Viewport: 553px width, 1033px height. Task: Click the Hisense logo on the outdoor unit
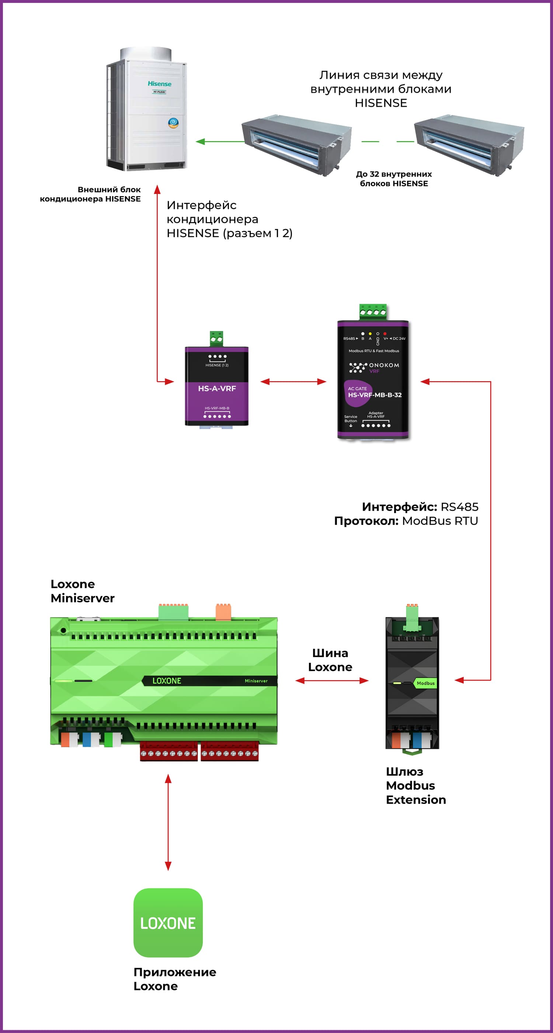click(x=159, y=84)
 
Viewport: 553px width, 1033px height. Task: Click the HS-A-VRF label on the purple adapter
click(x=217, y=388)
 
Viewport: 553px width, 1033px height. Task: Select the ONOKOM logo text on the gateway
click(x=384, y=365)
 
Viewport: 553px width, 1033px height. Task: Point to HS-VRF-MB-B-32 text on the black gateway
click(x=375, y=395)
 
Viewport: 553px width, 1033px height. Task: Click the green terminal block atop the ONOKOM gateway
click(x=373, y=312)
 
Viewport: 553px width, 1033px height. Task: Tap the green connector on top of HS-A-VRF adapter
click(x=216, y=338)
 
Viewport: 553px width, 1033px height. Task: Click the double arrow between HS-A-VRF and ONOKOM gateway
click(x=293, y=382)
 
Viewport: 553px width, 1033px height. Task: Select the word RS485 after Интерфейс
click(x=459, y=507)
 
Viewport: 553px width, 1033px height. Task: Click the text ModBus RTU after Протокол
click(x=440, y=521)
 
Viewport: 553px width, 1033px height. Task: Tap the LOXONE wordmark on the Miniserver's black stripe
click(x=167, y=681)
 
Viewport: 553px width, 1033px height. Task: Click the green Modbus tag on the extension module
click(x=425, y=683)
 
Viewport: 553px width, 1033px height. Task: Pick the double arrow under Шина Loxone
click(x=332, y=681)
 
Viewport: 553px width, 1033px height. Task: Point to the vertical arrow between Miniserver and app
click(x=168, y=822)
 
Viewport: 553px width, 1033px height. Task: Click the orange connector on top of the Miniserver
click(x=223, y=612)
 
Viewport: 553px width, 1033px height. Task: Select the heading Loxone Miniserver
click(x=82, y=591)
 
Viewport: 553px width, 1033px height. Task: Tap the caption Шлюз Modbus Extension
click(x=416, y=786)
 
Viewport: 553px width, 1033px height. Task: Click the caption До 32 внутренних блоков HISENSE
click(x=394, y=179)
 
